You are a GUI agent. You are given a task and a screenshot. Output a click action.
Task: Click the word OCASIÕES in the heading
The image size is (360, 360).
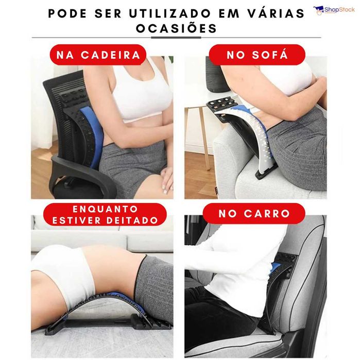click(x=176, y=29)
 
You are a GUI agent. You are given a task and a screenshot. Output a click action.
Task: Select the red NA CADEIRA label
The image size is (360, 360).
click(x=98, y=55)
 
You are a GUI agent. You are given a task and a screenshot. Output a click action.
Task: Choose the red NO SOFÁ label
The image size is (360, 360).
click(x=257, y=55)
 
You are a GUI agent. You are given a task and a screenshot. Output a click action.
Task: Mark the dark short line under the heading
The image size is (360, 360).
click(x=176, y=38)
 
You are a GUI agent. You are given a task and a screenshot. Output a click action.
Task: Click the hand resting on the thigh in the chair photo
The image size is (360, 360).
click(x=167, y=178)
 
